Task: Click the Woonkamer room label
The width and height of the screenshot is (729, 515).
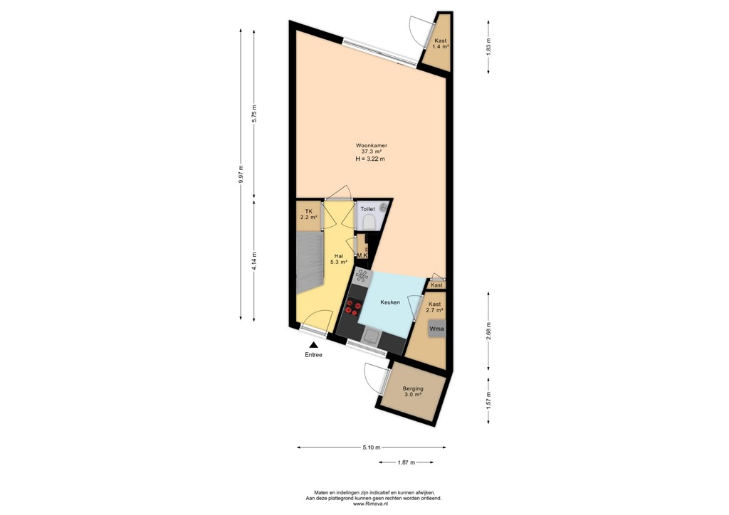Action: [370, 146]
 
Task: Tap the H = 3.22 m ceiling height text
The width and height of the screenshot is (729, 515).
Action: [370, 159]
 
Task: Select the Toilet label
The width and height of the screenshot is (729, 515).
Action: [367, 209]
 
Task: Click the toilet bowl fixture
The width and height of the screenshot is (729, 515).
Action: [369, 223]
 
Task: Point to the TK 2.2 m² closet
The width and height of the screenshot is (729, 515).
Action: [309, 215]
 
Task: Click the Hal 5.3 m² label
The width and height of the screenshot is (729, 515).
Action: [339, 259]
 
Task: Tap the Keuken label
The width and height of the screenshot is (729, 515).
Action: [389, 302]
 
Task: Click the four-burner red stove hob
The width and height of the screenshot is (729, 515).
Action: [352, 307]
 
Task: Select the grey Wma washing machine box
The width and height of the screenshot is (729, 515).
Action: [436, 329]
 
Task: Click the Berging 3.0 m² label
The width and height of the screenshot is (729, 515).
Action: [413, 392]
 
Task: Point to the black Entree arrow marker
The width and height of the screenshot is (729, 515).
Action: [313, 345]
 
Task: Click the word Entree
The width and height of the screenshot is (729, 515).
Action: [313, 355]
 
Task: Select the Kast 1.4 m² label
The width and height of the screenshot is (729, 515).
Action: [441, 44]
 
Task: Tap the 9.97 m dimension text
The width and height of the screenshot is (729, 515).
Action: [241, 175]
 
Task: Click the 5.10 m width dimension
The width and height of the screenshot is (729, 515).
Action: [372, 447]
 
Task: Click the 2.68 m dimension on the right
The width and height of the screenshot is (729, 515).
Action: [488, 331]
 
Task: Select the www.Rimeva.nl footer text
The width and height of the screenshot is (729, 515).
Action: [374, 504]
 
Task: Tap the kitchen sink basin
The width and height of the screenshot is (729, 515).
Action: [370, 335]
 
